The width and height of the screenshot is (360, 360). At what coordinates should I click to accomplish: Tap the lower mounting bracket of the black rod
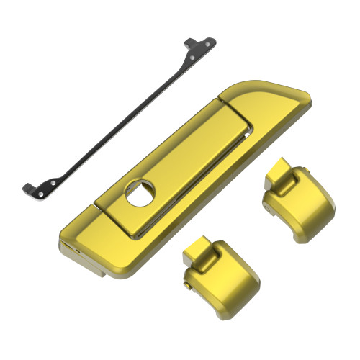click(x=40, y=189)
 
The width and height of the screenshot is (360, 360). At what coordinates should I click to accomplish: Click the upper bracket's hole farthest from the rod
click(x=209, y=42)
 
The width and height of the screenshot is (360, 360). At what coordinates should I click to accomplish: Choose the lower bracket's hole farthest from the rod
click(x=36, y=193)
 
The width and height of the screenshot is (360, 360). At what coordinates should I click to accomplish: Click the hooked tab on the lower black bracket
click(x=26, y=188)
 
